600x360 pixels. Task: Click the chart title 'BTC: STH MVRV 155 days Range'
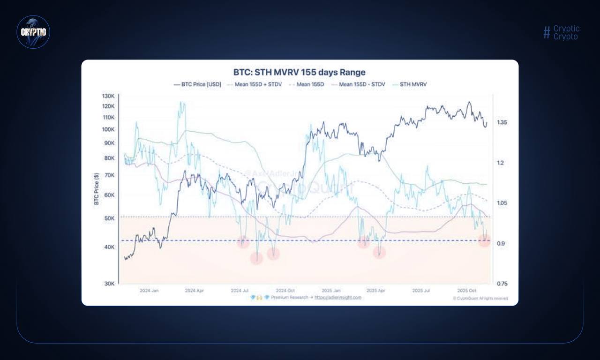click(x=299, y=73)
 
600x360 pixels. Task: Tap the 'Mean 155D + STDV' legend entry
click(x=254, y=85)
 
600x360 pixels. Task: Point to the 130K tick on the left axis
click(x=108, y=96)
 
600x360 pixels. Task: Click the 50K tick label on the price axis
click(x=109, y=218)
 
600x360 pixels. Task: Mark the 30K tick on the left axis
click(x=109, y=284)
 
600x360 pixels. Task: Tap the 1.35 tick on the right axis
click(x=502, y=122)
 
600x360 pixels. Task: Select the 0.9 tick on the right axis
click(x=501, y=243)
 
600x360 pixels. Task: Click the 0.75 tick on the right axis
click(x=502, y=284)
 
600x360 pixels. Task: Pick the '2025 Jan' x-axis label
click(x=331, y=291)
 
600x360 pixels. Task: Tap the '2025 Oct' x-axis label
click(x=466, y=291)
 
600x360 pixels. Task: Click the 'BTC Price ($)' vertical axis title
click(x=97, y=188)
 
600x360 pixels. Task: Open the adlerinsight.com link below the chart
click(x=337, y=297)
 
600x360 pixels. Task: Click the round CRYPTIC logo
click(x=33, y=32)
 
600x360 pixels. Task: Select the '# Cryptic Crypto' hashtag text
click(x=562, y=32)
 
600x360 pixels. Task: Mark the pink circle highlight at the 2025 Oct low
click(x=484, y=241)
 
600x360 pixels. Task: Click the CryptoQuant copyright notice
click(x=480, y=298)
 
